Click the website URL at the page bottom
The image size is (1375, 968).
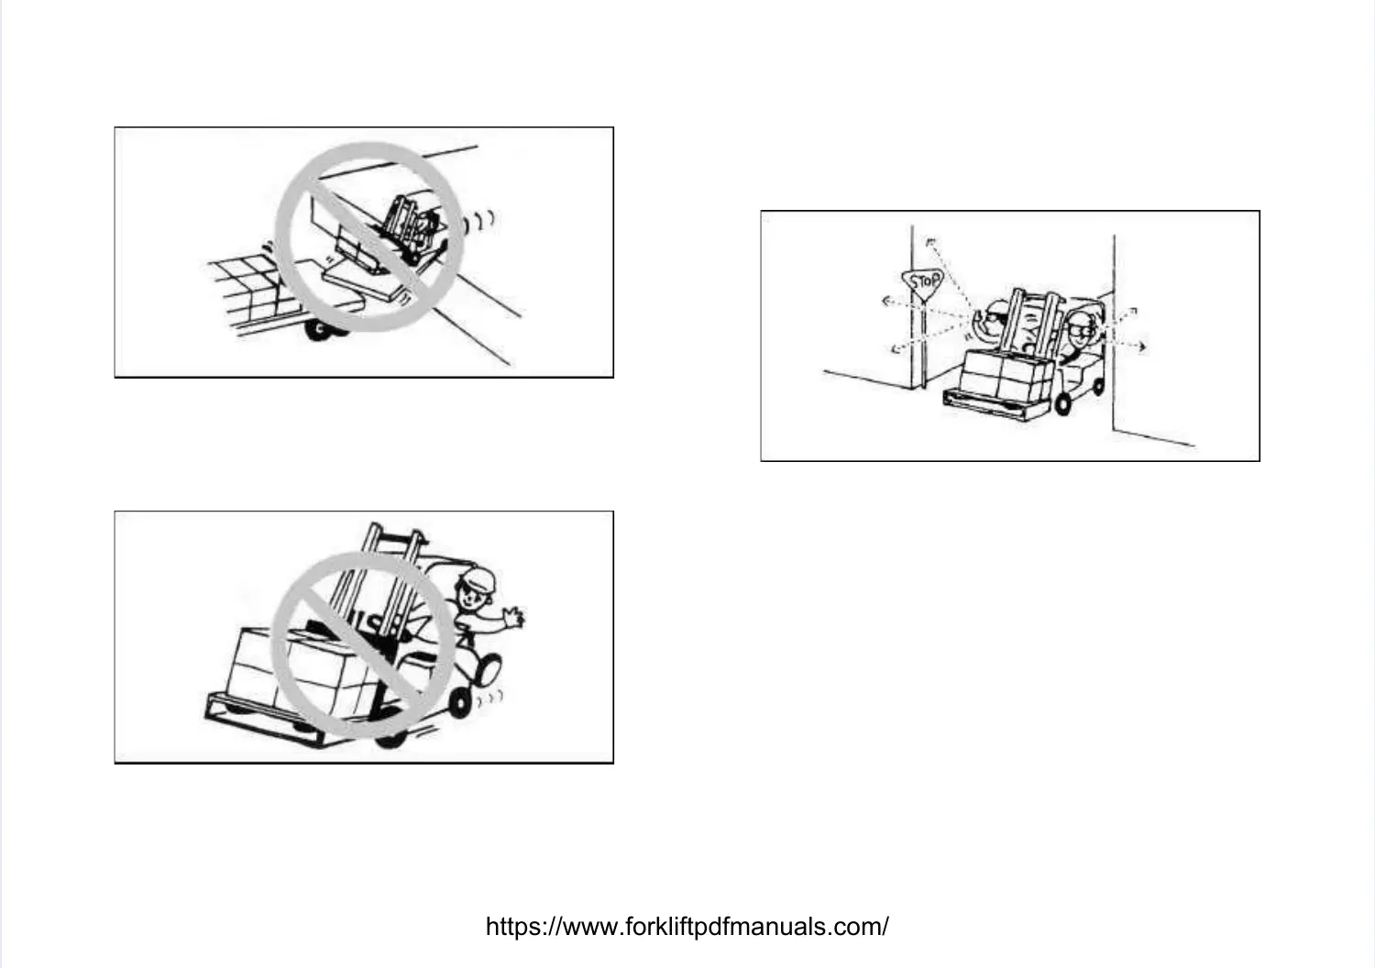[687, 926]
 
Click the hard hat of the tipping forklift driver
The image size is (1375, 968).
[476, 577]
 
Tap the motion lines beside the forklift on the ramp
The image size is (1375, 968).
[483, 221]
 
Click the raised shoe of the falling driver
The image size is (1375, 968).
[487, 666]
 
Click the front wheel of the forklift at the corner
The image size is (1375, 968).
[1063, 401]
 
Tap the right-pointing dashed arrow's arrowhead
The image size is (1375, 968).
[1142, 346]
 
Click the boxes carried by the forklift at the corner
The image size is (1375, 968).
[1005, 371]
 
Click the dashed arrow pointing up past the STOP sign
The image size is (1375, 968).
[930, 244]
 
